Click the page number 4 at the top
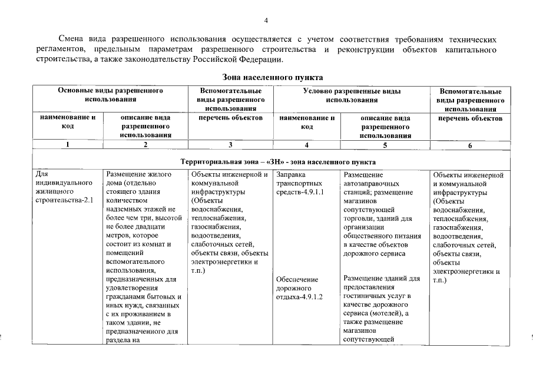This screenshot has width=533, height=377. (x=266, y=22)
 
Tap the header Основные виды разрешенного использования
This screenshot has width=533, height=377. (x=110, y=95)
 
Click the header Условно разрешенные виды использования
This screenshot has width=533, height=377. (x=352, y=95)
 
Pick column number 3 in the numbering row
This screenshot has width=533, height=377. (x=230, y=145)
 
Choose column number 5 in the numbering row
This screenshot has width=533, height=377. (x=385, y=145)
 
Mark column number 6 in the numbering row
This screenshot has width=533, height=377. (x=469, y=146)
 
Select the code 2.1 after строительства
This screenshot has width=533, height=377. (x=88, y=200)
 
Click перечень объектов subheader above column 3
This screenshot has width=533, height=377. (x=230, y=118)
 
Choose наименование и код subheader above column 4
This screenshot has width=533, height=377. (x=307, y=122)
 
